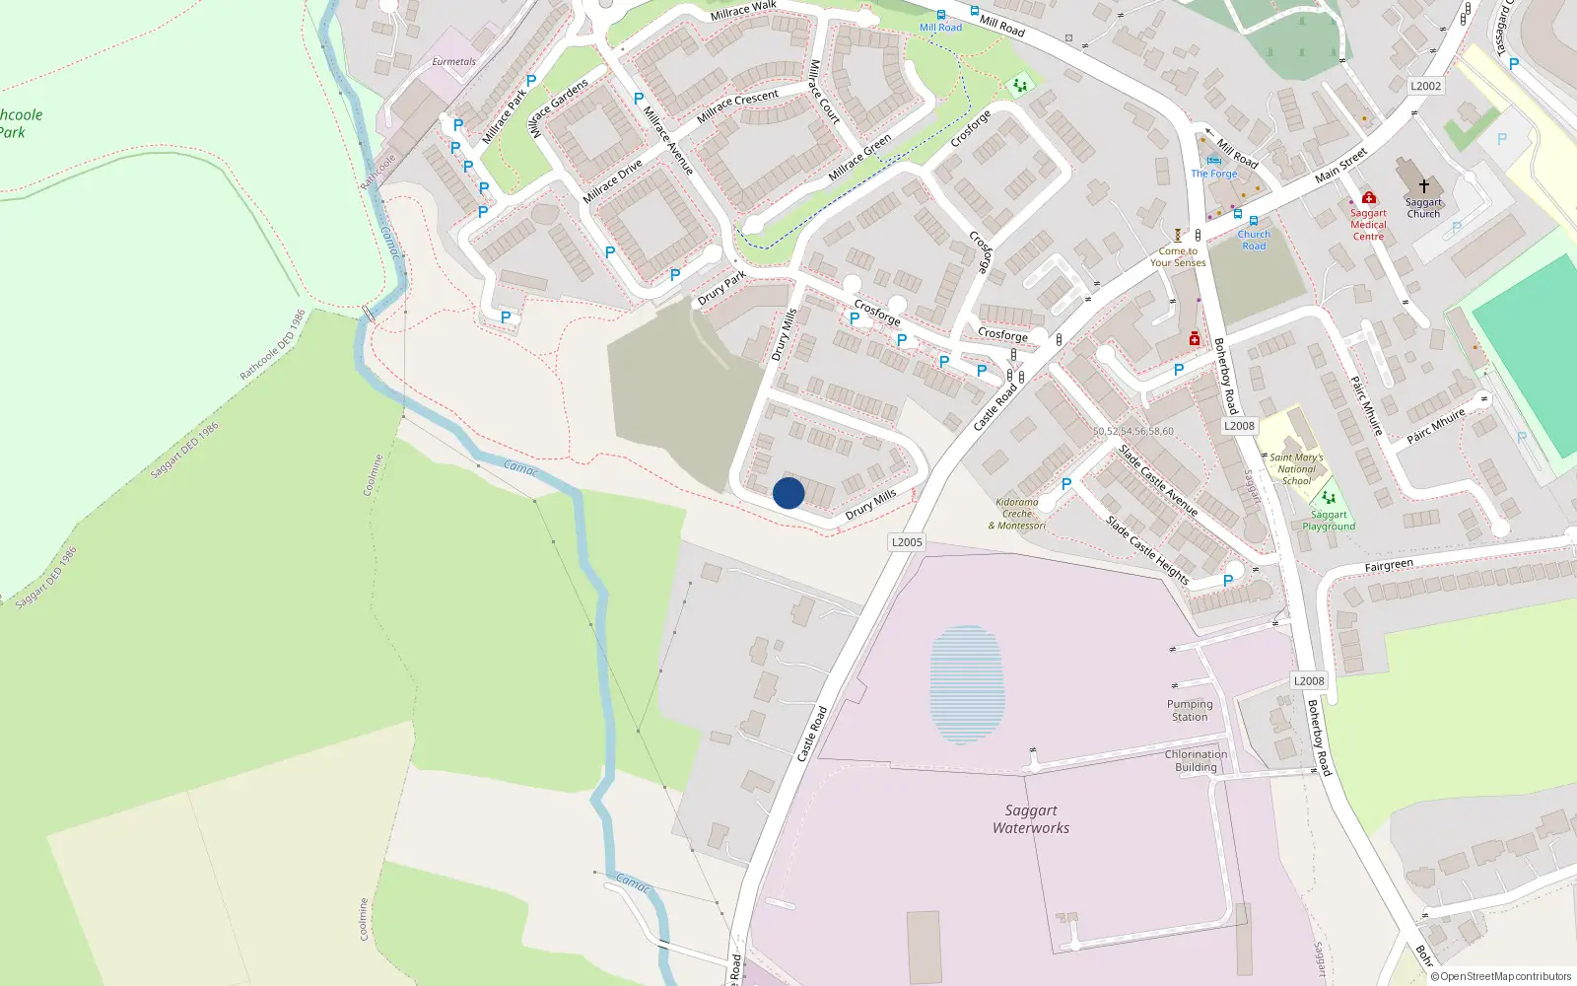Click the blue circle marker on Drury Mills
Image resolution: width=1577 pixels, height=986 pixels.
pyautogui.click(x=788, y=493)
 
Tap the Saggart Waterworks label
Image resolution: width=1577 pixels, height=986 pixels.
pyautogui.click(x=1031, y=819)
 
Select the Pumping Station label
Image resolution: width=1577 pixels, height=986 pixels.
pyautogui.click(x=1190, y=711)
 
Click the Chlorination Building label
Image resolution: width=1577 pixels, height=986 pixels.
pyautogui.click(x=1196, y=760)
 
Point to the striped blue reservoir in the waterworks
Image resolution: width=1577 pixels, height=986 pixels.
pyautogui.click(x=967, y=683)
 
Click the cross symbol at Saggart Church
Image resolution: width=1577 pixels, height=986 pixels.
pyautogui.click(x=1423, y=185)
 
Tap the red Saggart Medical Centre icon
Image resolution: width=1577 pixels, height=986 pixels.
pyautogui.click(x=1368, y=198)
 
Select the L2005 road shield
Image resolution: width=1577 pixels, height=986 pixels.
pyautogui.click(x=907, y=542)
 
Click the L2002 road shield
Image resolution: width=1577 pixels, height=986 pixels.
pyautogui.click(x=1425, y=86)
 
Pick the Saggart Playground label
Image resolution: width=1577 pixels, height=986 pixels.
pyautogui.click(x=1329, y=521)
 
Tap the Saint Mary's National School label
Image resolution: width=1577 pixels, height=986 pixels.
pyautogui.click(x=1296, y=468)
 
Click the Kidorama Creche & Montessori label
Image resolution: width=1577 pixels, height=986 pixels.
pyautogui.click(x=1017, y=514)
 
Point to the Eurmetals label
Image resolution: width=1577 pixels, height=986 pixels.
pyautogui.click(x=453, y=62)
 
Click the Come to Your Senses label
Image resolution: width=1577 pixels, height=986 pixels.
pyautogui.click(x=1178, y=257)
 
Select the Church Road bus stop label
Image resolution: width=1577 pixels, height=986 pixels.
pyautogui.click(x=1254, y=240)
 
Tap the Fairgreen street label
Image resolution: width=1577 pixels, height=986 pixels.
pyautogui.click(x=1389, y=566)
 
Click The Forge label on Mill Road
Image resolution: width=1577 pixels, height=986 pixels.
pyautogui.click(x=1213, y=174)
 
